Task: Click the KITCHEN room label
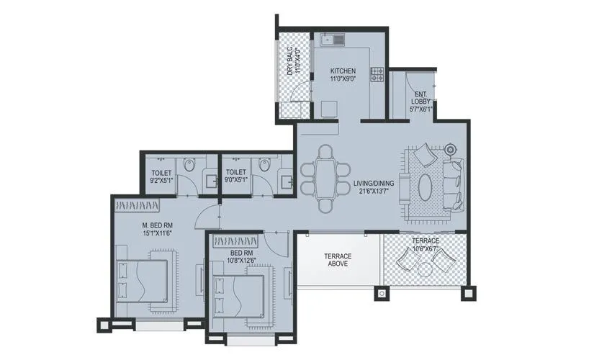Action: (343, 71)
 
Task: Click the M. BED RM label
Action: (158, 225)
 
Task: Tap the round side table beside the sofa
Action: (451, 150)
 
